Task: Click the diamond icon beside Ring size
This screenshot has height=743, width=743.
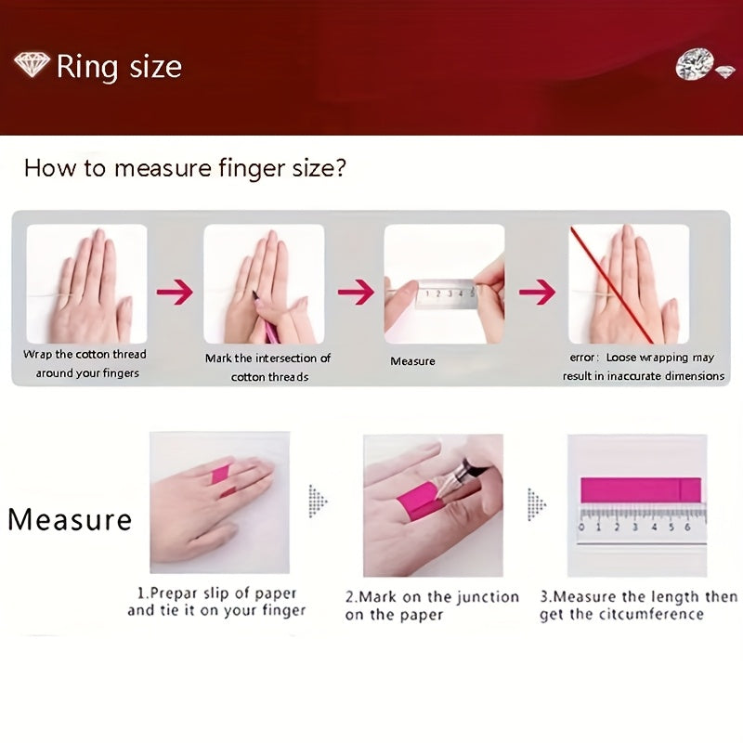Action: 32,65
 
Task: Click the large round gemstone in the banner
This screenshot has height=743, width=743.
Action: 695,63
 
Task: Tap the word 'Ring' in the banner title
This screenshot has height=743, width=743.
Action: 87,67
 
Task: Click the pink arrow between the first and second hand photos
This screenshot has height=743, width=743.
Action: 175,292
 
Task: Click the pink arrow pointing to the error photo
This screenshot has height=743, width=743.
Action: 538,292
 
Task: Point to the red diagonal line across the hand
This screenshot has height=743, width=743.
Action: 612,285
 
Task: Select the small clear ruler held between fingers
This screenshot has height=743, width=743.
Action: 445,293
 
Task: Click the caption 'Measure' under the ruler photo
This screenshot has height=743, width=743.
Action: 412,361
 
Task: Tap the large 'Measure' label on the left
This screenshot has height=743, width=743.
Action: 71,520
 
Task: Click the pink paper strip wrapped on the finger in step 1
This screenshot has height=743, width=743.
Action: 221,480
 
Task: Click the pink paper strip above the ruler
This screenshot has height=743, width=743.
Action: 641,490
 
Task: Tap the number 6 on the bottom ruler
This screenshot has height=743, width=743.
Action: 687,528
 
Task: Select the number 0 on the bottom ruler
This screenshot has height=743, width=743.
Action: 582,528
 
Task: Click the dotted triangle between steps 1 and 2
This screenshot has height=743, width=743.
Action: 317,501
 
